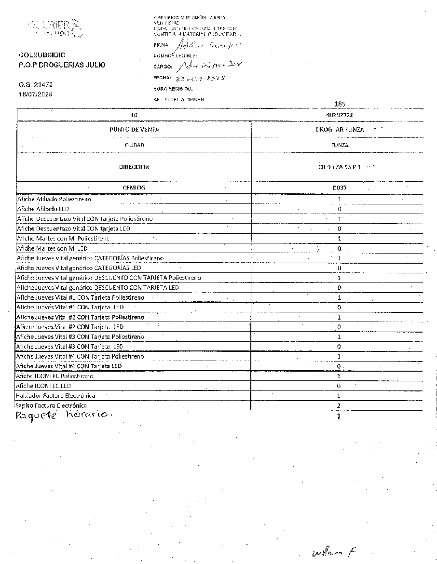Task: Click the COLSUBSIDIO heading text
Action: point(42,55)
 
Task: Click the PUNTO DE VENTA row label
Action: point(134,130)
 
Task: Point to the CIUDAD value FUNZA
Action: point(340,145)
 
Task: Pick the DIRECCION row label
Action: point(134,167)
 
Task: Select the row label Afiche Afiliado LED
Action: point(43,209)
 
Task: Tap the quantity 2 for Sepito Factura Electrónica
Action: point(339,406)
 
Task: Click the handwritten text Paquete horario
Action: point(62,416)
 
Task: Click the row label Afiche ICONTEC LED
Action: point(43,386)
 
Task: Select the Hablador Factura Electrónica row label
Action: point(55,396)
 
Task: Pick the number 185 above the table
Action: point(340,104)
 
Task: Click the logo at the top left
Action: point(55,28)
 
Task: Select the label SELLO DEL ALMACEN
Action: point(178,99)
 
